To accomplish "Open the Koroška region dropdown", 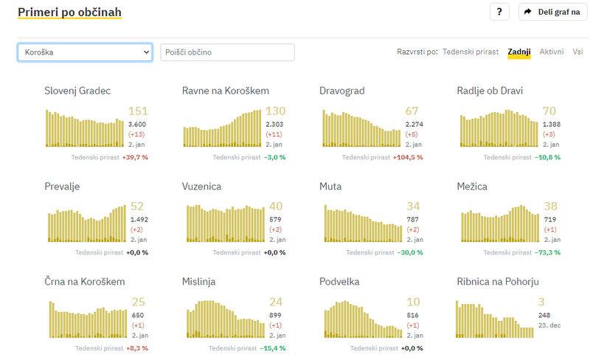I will point(85,52).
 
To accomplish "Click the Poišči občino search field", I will point(227,52).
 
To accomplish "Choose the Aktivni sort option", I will point(552,52).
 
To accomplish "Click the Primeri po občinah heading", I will point(69,13).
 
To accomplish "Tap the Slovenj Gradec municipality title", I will point(77,91).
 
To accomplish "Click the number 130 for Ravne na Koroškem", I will point(276,111).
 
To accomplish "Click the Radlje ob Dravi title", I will point(490,91).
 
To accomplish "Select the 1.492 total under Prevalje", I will point(139,219).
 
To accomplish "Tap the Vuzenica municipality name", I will point(201,187).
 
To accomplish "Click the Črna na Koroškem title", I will point(85,282).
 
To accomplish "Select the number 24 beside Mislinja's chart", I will point(276,302).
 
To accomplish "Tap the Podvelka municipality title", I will point(344,282).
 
